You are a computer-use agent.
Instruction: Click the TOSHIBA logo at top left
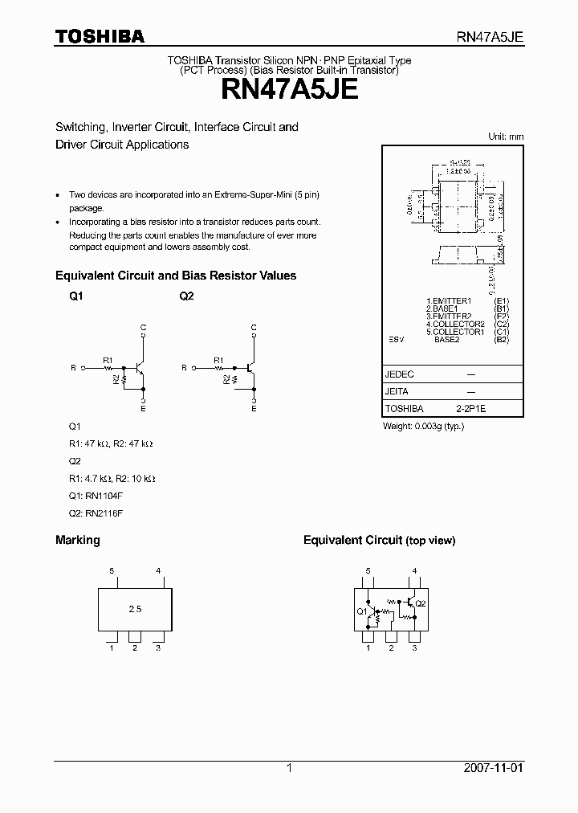(100, 36)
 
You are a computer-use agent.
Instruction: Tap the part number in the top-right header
(490, 37)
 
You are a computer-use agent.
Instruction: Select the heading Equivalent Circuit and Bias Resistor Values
(176, 276)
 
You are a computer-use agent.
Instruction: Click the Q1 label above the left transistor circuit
(76, 296)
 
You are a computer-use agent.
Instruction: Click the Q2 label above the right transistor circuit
(186, 296)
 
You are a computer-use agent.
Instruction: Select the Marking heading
(77, 540)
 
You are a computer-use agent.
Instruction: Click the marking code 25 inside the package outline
(134, 609)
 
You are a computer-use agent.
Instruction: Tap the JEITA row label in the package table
(397, 392)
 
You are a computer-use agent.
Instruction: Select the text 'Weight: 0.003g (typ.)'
(423, 426)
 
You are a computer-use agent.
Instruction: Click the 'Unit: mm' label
(506, 137)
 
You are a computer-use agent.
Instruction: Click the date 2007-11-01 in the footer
(494, 768)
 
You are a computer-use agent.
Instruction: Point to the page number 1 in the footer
(289, 768)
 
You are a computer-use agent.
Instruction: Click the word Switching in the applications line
(80, 127)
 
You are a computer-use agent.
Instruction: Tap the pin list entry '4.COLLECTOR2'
(456, 324)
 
